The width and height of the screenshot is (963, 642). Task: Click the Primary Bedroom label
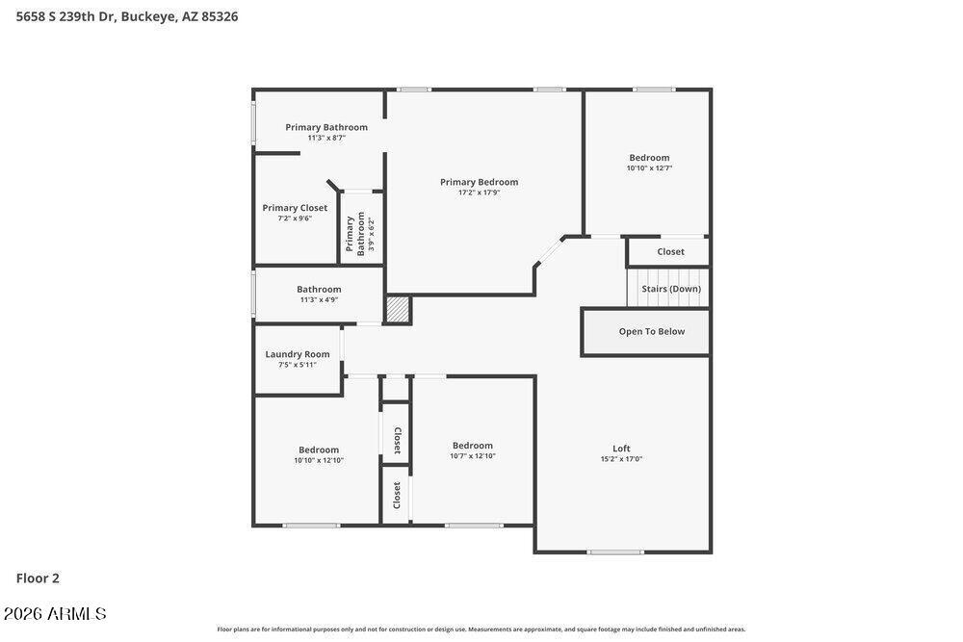479,182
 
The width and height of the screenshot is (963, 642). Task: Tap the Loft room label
621,448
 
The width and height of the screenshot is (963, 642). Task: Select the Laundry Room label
298,354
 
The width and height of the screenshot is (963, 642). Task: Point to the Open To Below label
652,331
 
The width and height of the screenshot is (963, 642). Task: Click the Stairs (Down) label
671,289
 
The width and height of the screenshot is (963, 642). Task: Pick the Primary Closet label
295,208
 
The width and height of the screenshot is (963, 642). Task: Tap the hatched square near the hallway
398,309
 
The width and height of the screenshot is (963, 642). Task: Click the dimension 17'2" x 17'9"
479,193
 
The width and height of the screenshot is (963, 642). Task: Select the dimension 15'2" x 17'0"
621,458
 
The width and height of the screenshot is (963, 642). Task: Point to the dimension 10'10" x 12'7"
649,167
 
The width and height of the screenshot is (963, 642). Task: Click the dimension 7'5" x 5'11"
298,365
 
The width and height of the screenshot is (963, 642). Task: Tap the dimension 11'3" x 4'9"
319,299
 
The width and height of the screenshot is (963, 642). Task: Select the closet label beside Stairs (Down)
670,251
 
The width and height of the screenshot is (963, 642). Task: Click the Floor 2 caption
38,578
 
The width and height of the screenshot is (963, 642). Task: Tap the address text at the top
127,16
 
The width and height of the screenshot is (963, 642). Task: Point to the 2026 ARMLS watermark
55,614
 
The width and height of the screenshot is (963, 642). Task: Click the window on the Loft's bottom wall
615,552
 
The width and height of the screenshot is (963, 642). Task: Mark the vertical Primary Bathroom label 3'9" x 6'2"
360,234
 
